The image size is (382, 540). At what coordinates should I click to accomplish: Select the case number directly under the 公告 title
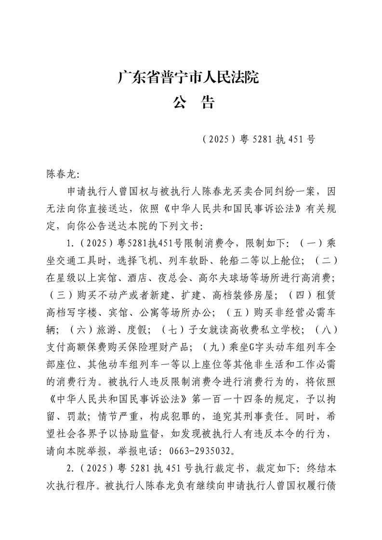[259, 140]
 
